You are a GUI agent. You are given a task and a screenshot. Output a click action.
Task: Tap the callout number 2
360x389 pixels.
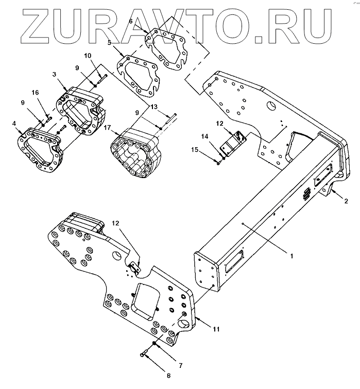click(346, 200)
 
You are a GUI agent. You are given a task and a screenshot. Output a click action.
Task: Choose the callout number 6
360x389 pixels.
click(130, 22)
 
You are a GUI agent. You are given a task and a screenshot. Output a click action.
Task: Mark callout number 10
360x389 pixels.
click(87, 55)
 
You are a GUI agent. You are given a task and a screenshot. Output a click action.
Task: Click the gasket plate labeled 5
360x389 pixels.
click(139, 77)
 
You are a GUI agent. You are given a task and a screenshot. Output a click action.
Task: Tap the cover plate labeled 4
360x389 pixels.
click(39, 147)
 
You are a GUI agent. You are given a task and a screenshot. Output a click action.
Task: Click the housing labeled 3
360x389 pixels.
click(81, 110)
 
